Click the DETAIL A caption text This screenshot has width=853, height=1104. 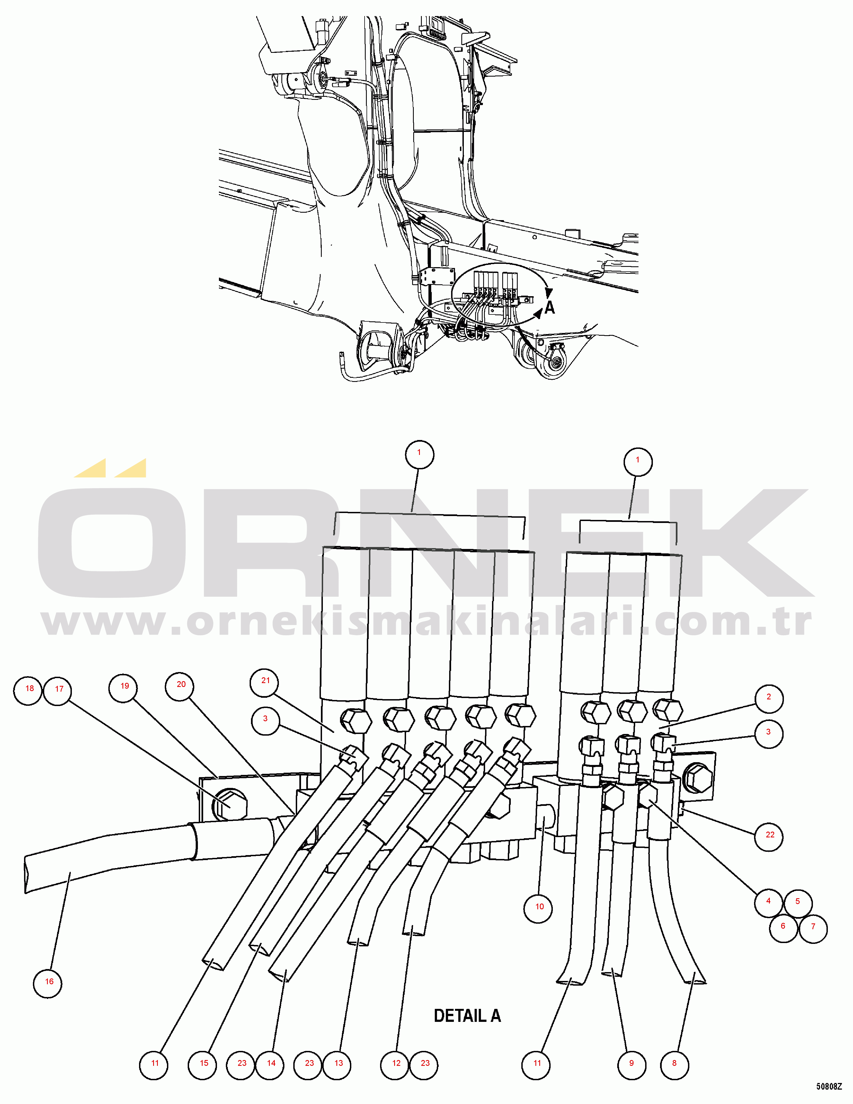click(x=467, y=1016)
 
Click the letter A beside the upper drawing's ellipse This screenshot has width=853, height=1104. click(x=549, y=307)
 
